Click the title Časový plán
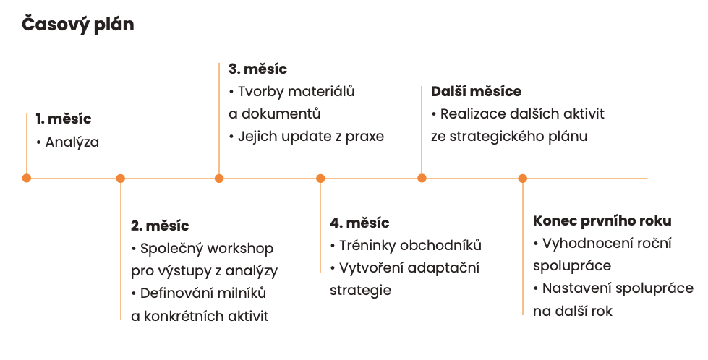pyautogui.click(x=77, y=25)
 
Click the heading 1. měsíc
pyautogui.click(x=64, y=119)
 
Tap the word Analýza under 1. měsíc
pyautogui.click(x=72, y=142)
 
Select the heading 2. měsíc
pyautogui.click(x=160, y=226)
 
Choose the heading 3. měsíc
pyautogui.click(x=258, y=69)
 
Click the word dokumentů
pyautogui.click(x=281, y=113)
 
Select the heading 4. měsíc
pyautogui.click(x=359, y=223)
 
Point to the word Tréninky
pyautogui.click(x=368, y=245)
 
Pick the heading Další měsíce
pyautogui.click(x=476, y=91)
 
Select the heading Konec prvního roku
pyautogui.click(x=602, y=220)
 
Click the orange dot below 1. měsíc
pyautogui.click(x=27, y=179)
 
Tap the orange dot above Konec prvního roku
pyautogui.click(x=522, y=179)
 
